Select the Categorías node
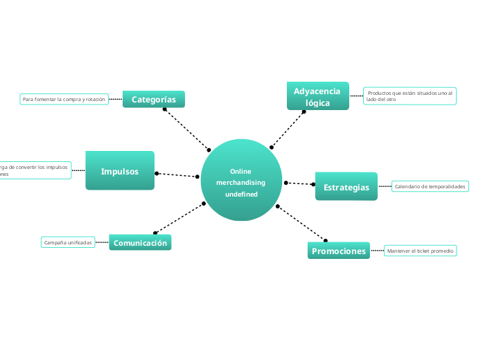[154, 100]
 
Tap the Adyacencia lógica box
[317, 97]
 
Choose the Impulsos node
[120, 171]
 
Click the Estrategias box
[346, 187]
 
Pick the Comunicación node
[140, 243]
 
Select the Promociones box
[338, 251]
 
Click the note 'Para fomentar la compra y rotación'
[64, 100]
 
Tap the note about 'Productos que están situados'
[410, 96]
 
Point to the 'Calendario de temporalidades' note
[430, 186]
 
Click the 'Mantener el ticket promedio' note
[421, 251]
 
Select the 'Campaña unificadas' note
[68, 242]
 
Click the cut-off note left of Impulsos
[35, 170]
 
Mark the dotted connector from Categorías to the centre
[187, 129]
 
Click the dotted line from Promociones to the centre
[301, 224]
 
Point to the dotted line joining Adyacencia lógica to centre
[288, 129]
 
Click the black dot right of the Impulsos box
[157, 173]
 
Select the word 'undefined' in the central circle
[241, 194]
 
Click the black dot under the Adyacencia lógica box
[304, 111]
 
